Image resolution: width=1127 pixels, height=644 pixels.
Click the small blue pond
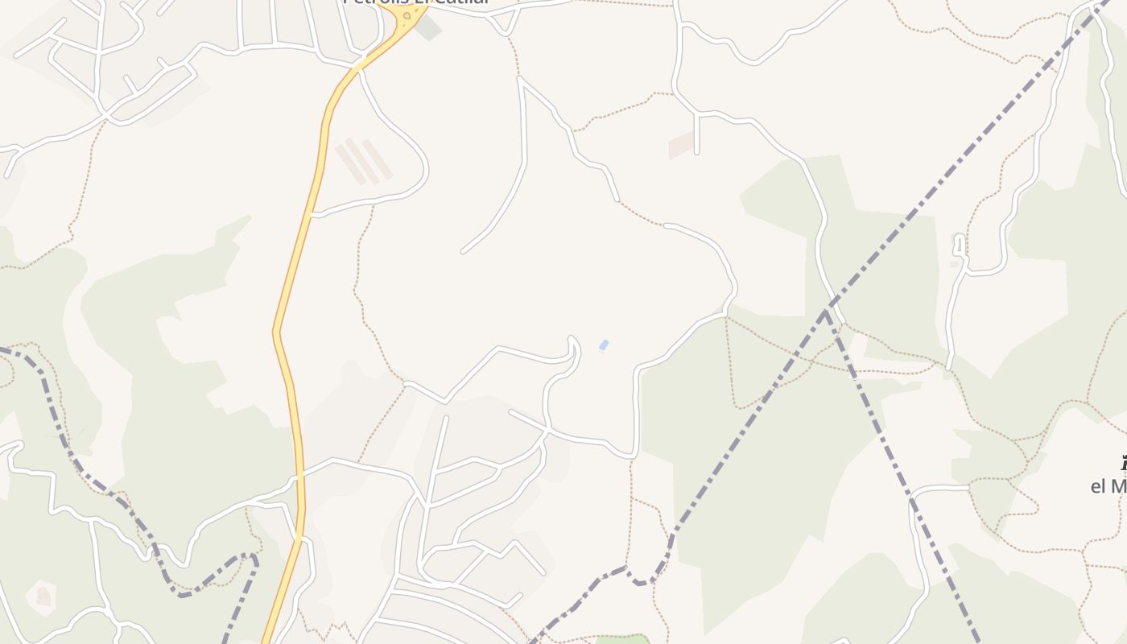pyautogui.click(x=604, y=345)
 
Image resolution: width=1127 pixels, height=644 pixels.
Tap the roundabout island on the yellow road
pyautogui.click(x=407, y=15)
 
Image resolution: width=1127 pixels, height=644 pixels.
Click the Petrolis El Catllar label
pyautogui.click(x=416, y=2)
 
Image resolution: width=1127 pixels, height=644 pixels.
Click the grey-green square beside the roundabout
pyautogui.click(x=429, y=27)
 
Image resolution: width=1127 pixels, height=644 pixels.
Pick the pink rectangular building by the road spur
pyautogui.click(x=682, y=144)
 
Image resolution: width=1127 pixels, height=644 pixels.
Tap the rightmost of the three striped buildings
pyautogui.click(x=377, y=159)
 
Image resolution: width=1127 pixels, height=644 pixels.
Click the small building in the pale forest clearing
pyautogui.click(x=43, y=597)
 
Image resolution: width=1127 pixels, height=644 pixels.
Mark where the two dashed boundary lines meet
pyautogui.click(x=826, y=312)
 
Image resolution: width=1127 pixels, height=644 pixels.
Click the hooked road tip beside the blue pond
pyautogui.click(x=573, y=340)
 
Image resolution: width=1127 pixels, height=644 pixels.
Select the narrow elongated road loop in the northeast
pyautogui.click(x=959, y=245)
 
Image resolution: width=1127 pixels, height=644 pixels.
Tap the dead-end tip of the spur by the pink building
pyautogui.click(x=696, y=151)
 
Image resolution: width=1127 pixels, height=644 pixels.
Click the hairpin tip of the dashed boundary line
pyautogui.click(x=254, y=556)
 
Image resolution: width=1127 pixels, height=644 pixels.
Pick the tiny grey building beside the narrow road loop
pyautogui.click(x=954, y=263)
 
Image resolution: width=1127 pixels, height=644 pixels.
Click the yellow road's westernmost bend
pyautogui.click(x=275, y=331)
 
